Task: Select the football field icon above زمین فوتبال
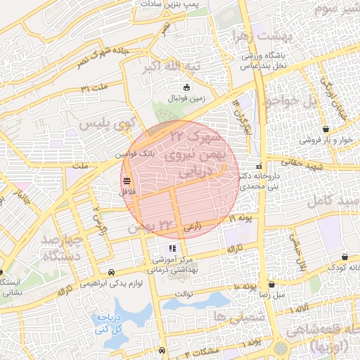186,88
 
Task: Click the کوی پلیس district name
105,124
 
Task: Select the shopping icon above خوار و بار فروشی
327,129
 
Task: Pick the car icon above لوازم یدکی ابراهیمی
111,271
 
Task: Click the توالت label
184,293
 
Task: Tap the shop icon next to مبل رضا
271,285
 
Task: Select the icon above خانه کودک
345,257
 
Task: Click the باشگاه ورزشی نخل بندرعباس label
267,60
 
